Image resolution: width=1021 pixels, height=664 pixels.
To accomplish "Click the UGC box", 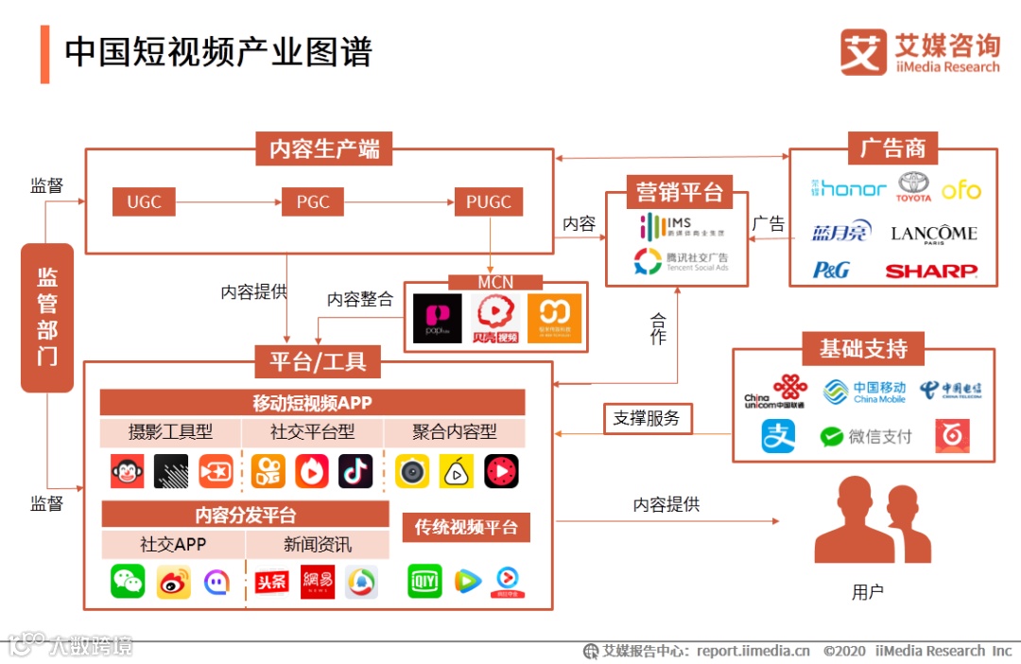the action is [x=144, y=201].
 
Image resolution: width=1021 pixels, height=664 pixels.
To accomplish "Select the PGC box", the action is [x=312, y=201].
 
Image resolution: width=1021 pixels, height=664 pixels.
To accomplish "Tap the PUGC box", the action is [x=488, y=201].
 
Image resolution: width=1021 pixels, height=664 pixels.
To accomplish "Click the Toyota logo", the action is [x=914, y=186].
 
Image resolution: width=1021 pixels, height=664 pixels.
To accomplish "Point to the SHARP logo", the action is [x=930, y=271].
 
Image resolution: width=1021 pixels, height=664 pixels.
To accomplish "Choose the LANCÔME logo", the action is [x=933, y=234].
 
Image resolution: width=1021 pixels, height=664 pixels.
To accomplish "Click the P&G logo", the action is [x=831, y=271].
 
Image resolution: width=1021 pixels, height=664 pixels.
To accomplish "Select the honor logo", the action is [x=849, y=188].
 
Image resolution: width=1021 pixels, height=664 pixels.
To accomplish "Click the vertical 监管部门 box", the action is [x=47, y=317].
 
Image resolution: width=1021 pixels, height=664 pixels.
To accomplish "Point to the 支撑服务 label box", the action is [x=647, y=417].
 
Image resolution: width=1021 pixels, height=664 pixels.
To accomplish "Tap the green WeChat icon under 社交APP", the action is [x=128, y=581].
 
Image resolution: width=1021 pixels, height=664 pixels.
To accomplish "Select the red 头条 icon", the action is [x=271, y=582].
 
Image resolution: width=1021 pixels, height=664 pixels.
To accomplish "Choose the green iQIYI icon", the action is [x=424, y=581].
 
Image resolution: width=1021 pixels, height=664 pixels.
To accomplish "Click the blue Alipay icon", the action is [x=779, y=436].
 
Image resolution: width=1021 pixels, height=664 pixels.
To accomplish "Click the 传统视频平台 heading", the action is [x=466, y=527].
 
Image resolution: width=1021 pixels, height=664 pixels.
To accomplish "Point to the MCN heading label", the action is [x=495, y=282].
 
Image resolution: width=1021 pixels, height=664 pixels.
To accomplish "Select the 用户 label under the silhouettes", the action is [x=867, y=593].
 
